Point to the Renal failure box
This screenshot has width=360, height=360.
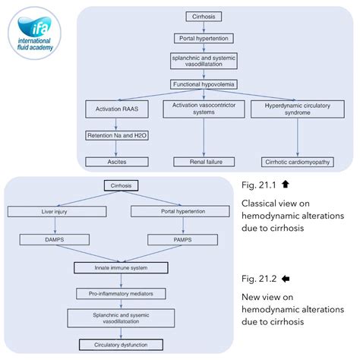203,161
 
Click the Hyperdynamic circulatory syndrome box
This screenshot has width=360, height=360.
292,109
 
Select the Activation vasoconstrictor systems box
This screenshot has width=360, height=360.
203,109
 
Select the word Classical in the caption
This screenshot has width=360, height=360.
263,204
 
